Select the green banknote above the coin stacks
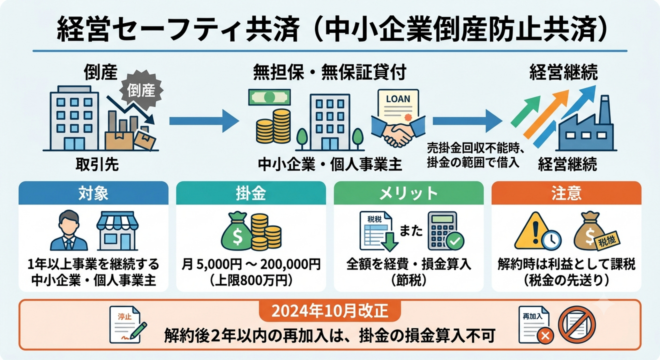point(269,97)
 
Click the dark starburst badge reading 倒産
point(141,90)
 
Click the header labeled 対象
point(93,193)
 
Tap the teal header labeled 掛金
point(251,193)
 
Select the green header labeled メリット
point(408,193)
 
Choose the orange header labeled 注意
point(566,193)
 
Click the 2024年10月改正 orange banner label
point(329,311)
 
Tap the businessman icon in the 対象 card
point(69,230)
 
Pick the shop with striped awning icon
point(117,230)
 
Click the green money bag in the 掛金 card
point(236,232)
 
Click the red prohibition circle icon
point(577,325)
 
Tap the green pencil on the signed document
point(138,330)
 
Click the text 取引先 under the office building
point(97,164)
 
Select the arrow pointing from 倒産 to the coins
point(204,121)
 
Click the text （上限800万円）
point(251,280)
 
